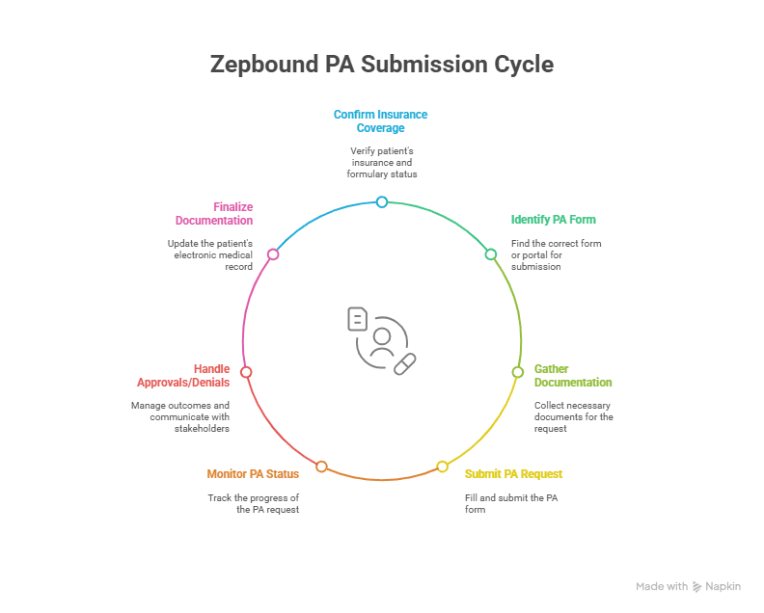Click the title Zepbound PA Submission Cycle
click(x=382, y=65)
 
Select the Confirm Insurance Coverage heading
click(x=380, y=120)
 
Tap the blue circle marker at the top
click(x=382, y=201)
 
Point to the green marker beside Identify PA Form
click(x=491, y=254)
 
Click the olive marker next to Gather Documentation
click(x=516, y=371)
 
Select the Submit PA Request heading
click(x=513, y=474)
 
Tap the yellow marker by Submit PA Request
click(x=443, y=466)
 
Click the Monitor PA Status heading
click(x=253, y=474)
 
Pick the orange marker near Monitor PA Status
click(x=322, y=466)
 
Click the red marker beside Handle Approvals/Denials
click(x=246, y=372)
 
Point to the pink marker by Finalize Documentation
click(x=273, y=254)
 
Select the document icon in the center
click(x=358, y=319)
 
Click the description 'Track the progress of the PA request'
click(x=254, y=503)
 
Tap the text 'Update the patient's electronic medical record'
click(x=209, y=255)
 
